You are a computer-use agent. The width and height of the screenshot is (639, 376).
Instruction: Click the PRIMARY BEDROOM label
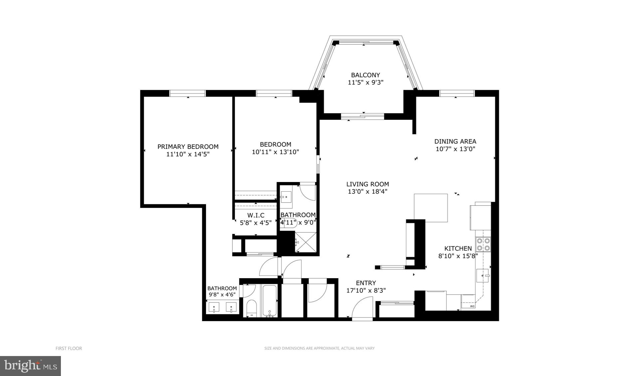pyautogui.click(x=188, y=147)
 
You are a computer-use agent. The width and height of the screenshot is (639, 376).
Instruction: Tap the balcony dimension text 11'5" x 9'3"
pyautogui.click(x=365, y=83)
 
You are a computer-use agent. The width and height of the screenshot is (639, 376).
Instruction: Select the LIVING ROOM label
pyautogui.click(x=367, y=184)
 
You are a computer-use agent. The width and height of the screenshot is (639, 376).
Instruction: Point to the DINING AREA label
pyautogui.click(x=455, y=141)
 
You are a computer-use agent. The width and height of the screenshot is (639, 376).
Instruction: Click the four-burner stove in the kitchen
pyautogui.click(x=483, y=244)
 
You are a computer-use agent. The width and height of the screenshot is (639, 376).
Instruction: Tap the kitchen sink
pyautogui.click(x=483, y=276)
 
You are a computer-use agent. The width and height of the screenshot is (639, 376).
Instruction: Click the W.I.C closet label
pyautogui.click(x=256, y=215)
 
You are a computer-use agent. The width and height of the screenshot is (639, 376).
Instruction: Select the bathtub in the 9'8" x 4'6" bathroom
pyautogui.click(x=269, y=300)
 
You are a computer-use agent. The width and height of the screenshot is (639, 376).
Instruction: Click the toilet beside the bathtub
pyautogui.click(x=252, y=309)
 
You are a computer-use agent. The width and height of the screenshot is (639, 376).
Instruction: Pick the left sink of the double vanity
pyautogui.click(x=214, y=307)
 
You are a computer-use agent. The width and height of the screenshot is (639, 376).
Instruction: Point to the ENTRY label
pyautogui.click(x=366, y=283)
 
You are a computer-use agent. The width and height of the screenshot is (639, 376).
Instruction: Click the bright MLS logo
pyautogui.click(x=31, y=366)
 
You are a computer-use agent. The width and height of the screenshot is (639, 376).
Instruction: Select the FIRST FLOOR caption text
pyautogui.click(x=69, y=348)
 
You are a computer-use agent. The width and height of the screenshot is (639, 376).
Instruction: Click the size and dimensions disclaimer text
pyautogui.click(x=319, y=348)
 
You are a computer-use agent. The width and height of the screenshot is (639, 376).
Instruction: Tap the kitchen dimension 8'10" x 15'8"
pyautogui.click(x=458, y=256)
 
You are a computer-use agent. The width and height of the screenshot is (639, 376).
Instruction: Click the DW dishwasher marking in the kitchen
pyautogui.click(x=472, y=306)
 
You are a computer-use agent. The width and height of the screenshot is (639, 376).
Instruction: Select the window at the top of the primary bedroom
pyautogui.click(x=187, y=94)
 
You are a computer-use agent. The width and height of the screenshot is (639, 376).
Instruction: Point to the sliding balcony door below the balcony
pyautogui.click(x=362, y=116)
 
